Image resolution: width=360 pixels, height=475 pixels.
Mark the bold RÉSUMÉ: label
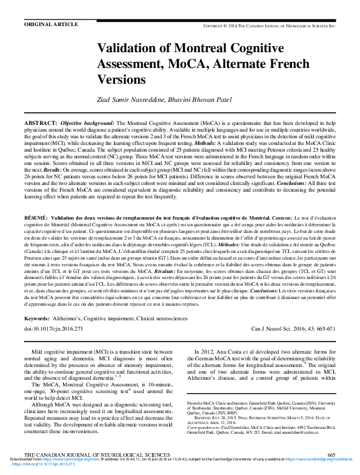pos(35,217)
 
